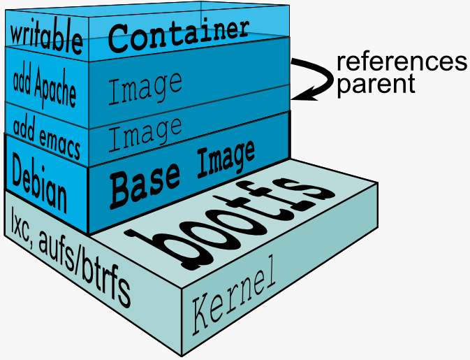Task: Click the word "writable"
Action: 46,37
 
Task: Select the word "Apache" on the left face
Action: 55,87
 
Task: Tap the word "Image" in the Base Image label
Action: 226,158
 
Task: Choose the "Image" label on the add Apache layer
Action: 145,89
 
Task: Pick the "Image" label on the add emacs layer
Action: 145,134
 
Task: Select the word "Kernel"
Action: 233,296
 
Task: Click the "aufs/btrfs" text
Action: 85,266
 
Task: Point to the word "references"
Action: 402,62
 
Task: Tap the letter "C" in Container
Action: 117,39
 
